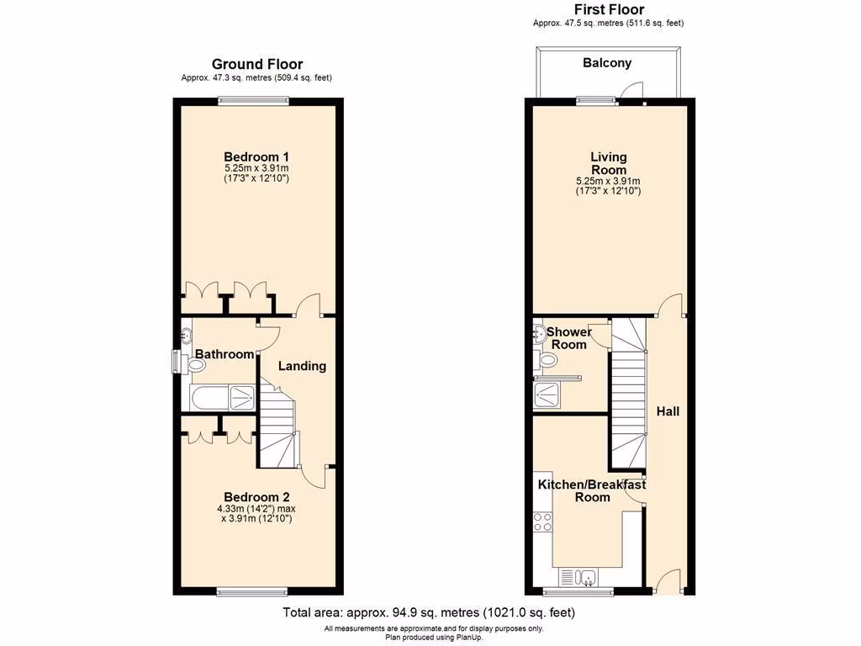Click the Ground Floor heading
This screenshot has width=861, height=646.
tap(256, 64)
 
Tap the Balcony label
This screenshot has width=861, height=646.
tap(607, 63)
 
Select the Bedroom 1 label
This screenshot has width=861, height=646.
tap(256, 156)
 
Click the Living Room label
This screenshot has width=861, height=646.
tap(609, 163)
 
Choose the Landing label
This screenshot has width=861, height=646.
tap(302, 366)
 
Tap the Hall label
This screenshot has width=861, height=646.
tap(668, 411)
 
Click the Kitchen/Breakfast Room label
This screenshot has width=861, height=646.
tap(592, 490)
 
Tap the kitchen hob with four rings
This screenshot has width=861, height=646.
tap(543, 522)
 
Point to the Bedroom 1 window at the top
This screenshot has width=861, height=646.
tap(255, 101)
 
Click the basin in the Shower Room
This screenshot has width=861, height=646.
tap(538, 335)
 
